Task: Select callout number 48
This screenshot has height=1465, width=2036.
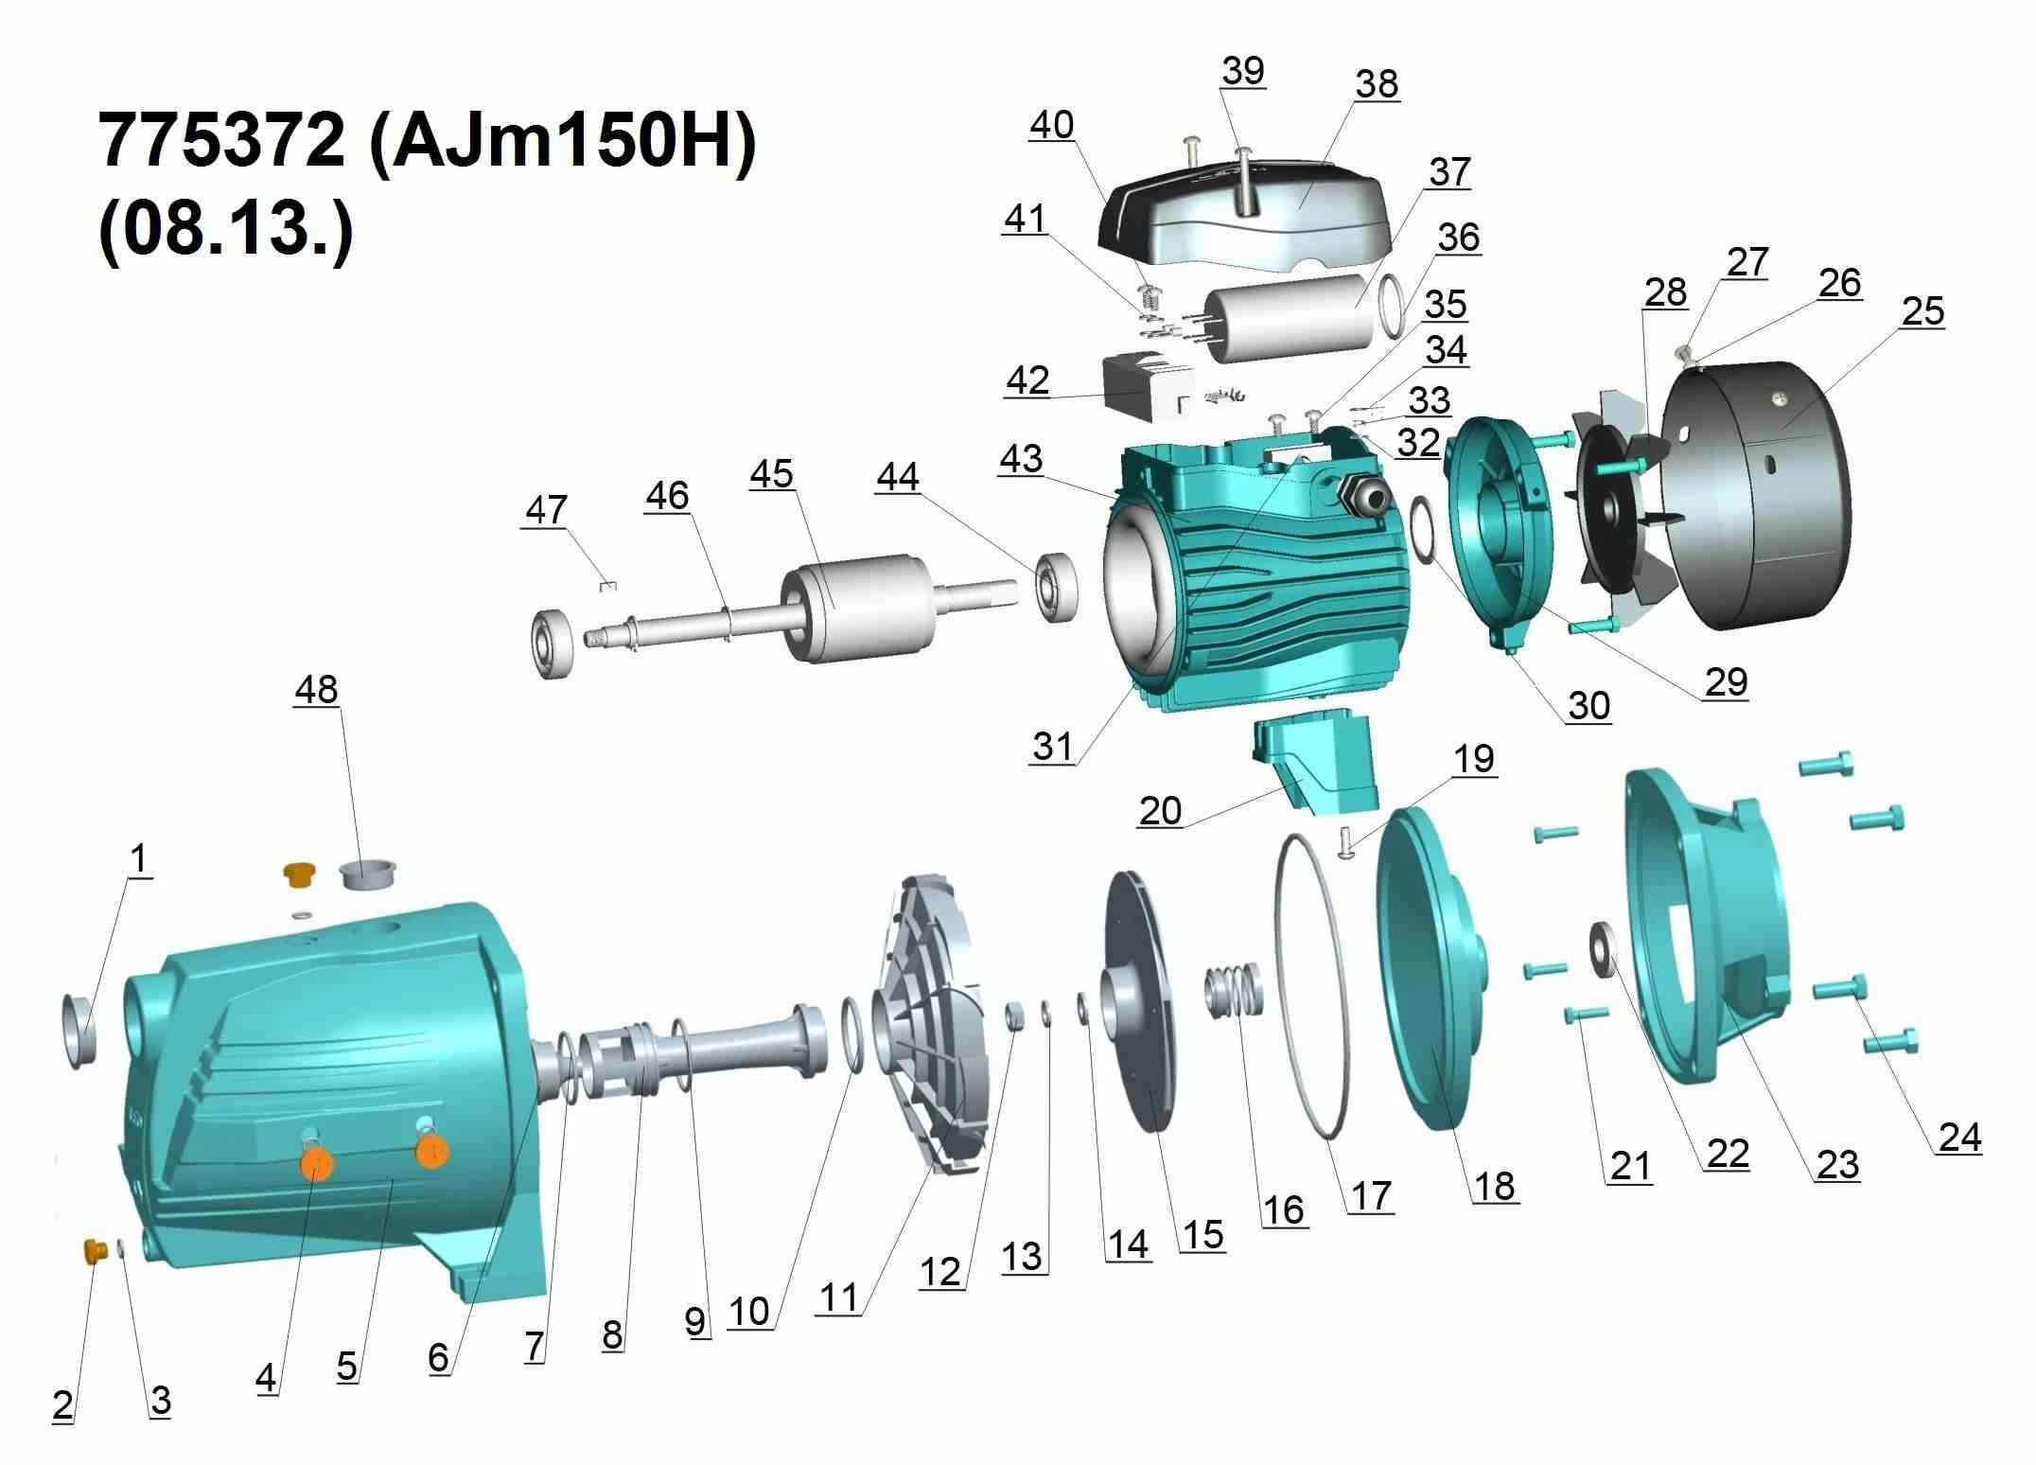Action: click(x=316, y=690)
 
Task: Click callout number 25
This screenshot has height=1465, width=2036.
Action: click(x=1922, y=311)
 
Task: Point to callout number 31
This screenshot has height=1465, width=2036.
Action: click(x=1052, y=746)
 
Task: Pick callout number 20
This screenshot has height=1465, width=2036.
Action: click(x=1160, y=811)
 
